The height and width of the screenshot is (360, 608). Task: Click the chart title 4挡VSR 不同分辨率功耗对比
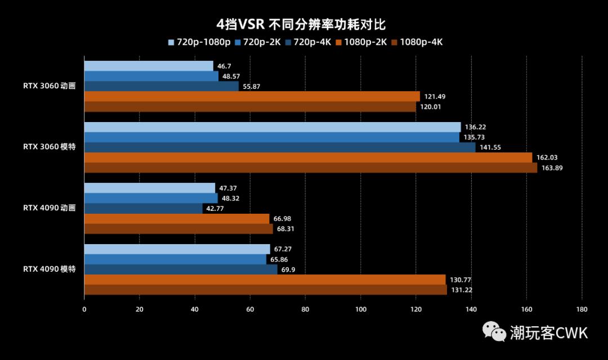303,24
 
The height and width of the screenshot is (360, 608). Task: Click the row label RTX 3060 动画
50,86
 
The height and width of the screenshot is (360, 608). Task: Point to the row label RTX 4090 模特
50,269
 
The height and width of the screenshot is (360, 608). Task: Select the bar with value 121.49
252,96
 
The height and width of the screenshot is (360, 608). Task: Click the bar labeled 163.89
310,168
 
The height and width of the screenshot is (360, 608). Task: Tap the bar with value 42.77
143,208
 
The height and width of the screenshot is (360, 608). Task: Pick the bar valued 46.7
149,66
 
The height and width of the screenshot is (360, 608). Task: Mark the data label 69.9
288,269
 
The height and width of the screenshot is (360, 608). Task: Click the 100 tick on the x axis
361,309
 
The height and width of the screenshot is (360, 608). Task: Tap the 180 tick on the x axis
582,309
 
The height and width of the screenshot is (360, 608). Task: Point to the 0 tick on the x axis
84,309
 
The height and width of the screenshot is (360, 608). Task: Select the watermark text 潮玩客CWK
549,332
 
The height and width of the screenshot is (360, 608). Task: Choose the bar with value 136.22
272,127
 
